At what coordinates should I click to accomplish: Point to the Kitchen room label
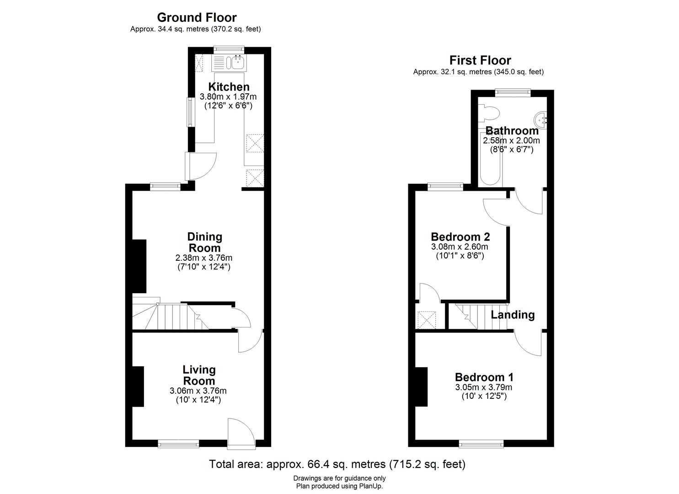(229, 87)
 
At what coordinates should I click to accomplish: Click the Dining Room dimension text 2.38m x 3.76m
(204, 258)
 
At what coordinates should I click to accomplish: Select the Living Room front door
(241, 432)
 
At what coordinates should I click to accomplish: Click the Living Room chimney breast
(139, 386)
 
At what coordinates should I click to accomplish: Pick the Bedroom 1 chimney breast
(421, 387)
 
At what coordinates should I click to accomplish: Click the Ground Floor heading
(197, 17)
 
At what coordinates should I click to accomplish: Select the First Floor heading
(480, 60)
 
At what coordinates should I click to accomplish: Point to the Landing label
(512, 315)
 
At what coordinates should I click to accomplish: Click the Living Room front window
(178, 443)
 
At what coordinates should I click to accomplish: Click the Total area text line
(337, 464)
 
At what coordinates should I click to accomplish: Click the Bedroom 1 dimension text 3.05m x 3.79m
(483, 387)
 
